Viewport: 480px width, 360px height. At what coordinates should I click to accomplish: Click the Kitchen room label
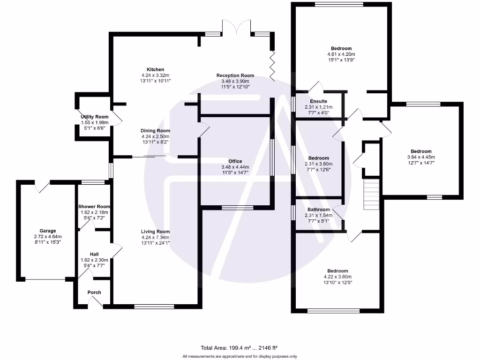pyautogui.click(x=155, y=69)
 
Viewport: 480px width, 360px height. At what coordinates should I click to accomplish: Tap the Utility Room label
pyautogui.click(x=94, y=117)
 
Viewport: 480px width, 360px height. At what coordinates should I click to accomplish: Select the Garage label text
pyautogui.click(x=47, y=231)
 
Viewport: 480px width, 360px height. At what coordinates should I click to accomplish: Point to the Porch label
pyautogui.click(x=94, y=292)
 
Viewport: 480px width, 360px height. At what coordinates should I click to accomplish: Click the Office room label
pyautogui.click(x=235, y=161)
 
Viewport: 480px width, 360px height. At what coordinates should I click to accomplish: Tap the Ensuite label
pyautogui.click(x=318, y=101)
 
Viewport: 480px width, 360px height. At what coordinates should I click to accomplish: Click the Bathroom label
pyautogui.click(x=318, y=210)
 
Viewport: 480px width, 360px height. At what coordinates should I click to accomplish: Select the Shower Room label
pyautogui.click(x=94, y=207)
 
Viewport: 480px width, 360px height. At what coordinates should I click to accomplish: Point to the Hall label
pyautogui.click(x=94, y=254)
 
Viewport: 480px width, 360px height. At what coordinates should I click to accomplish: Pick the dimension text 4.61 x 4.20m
pyautogui.click(x=341, y=54)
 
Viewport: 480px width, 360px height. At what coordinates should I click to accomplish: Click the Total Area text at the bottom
pyautogui.click(x=239, y=348)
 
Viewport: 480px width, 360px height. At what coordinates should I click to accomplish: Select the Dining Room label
pyautogui.click(x=155, y=131)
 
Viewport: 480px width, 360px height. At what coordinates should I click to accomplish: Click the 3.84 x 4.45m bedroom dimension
pyautogui.click(x=421, y=157)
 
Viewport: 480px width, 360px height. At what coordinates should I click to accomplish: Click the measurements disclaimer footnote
pyautogui.click(x=240, y=357)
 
